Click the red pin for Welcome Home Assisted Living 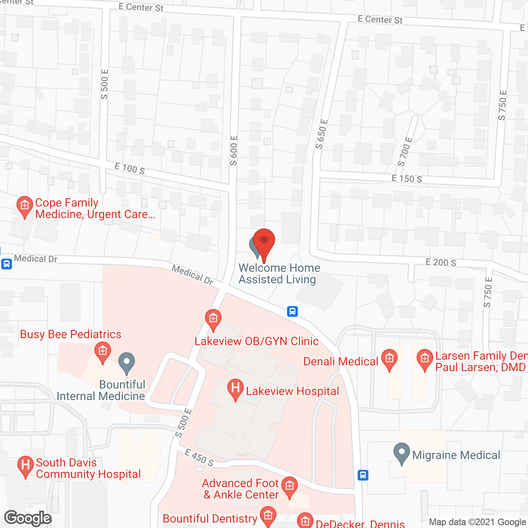[264, 241]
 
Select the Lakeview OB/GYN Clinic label [257, 341]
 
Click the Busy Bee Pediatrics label [71, 334]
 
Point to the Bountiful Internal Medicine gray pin [127, 363]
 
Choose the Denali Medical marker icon [389, 359]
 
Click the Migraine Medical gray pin [402, 453]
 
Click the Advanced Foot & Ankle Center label [241, 489]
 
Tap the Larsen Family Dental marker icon [424, 359]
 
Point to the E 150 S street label [407, 179]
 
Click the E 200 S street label [441, 262]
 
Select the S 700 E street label [405, 151]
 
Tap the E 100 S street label [130, 168]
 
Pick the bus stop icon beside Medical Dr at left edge [6, 264]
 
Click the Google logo [28, 518]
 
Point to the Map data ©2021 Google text [478, 522]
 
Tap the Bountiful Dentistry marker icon [268, 516]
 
